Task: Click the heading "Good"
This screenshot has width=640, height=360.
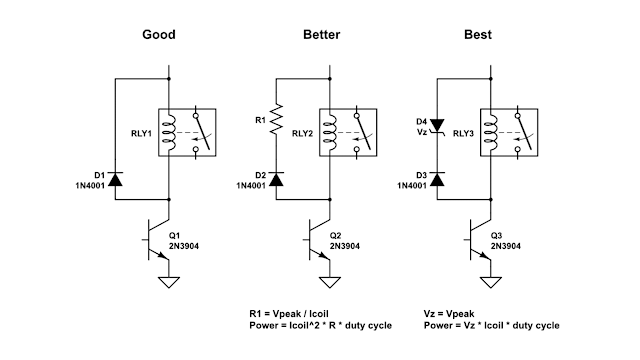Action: point(159,35)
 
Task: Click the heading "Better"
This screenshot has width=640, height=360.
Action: point(322,35)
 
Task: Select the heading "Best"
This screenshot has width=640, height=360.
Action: point(478,35)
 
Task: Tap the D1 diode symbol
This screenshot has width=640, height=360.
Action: point(115,179)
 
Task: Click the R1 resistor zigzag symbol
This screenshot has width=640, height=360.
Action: point(276,119)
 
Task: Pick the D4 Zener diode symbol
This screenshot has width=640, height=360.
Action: point(437,126)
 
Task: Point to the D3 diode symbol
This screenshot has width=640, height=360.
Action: point(437,179)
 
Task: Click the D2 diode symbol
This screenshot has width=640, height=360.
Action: point(276,179)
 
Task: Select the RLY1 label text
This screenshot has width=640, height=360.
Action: point(141,133)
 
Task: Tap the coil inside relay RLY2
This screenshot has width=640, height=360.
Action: point(331,132)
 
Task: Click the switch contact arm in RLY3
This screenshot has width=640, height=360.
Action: point(525,133)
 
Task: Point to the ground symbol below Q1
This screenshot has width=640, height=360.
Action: point(169,282)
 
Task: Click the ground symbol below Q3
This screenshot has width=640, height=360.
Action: point(491,282)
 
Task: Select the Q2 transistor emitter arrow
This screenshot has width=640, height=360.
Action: point(324,255)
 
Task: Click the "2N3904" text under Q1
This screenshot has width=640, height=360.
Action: point(184,246)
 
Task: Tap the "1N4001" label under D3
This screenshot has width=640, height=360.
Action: point(412,186)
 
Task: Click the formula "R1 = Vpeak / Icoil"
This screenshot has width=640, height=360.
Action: point(289,314)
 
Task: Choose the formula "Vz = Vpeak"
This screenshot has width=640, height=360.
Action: point(449,314)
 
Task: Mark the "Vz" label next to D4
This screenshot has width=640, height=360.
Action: point(422,132)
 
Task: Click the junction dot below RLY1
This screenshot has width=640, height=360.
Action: point(169,200)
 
